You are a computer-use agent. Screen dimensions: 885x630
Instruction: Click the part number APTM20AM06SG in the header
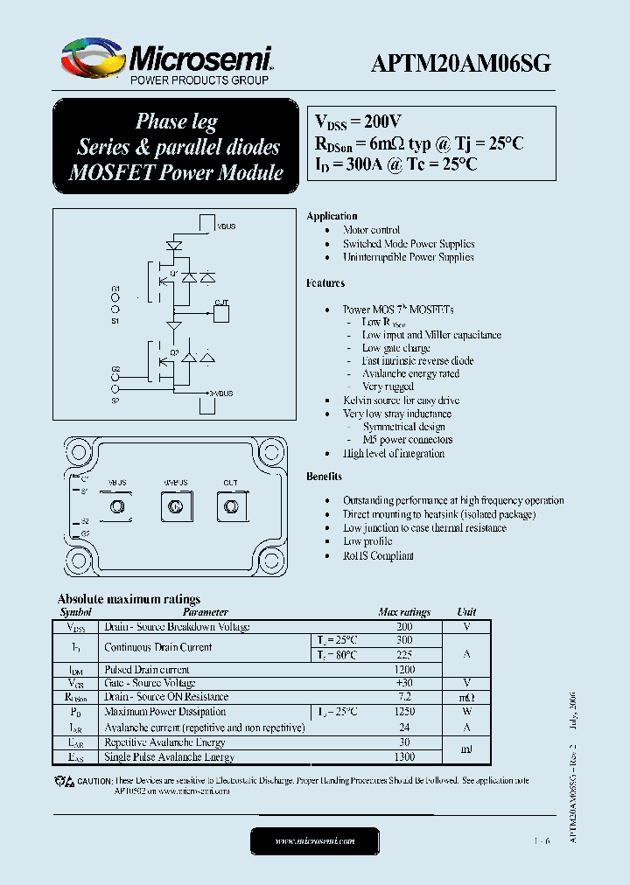(461, 63)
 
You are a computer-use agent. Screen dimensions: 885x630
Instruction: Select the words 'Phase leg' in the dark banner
(176, 122)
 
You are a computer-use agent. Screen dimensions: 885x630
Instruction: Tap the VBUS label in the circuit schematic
(226, 226)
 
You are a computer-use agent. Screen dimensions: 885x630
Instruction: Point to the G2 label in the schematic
(115, 369)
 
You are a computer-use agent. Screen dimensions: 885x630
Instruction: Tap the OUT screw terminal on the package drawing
(231, 506)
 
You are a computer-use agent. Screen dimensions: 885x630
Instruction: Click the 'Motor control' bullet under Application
(372, 230)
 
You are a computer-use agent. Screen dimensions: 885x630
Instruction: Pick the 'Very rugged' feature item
(388, 387)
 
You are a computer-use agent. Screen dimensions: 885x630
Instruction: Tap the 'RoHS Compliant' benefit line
(378, 555)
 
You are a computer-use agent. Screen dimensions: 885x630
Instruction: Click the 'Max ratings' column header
(403, 612)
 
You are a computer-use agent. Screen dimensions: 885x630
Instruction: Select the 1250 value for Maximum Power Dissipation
(404, 712)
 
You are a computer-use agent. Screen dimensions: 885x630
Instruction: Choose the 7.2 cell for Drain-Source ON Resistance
(404, 697)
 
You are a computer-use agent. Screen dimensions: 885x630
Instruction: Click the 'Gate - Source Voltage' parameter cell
(150, 683)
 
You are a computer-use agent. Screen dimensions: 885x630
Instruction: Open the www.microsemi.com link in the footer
(315, 840)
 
